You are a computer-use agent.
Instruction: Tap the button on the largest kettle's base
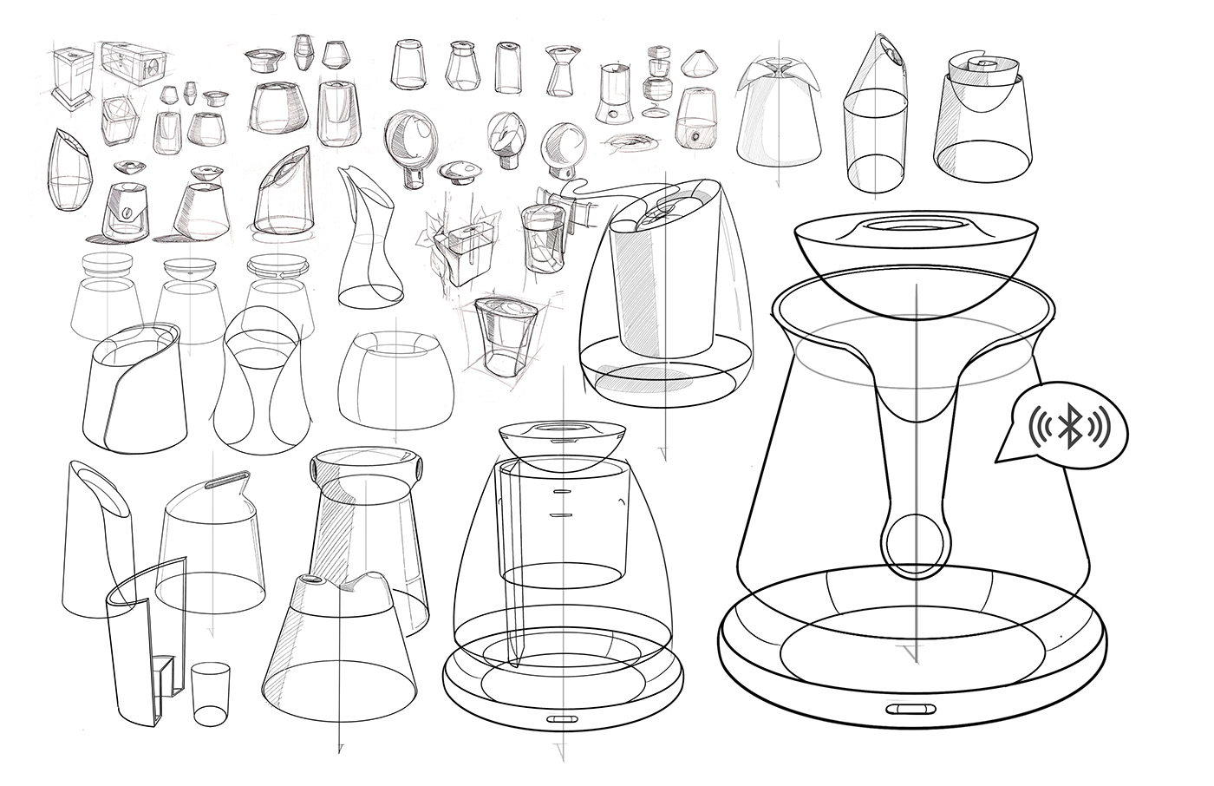[x=905, y=709]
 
